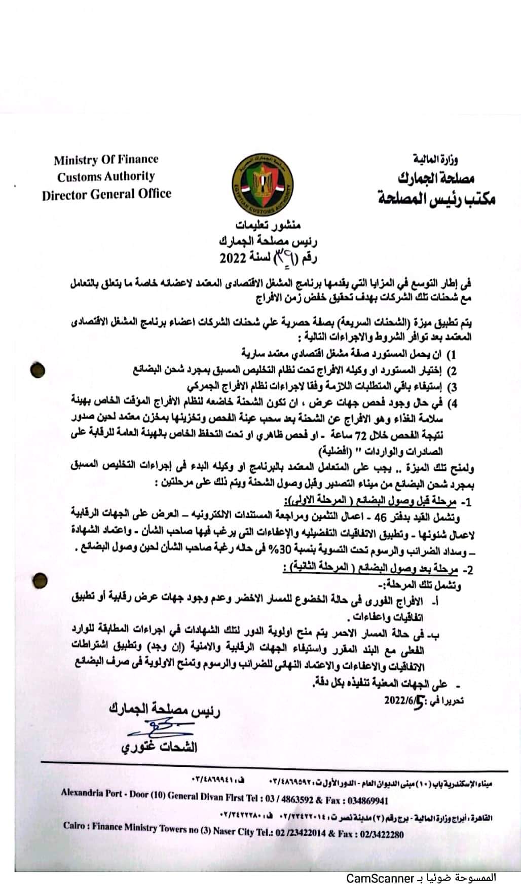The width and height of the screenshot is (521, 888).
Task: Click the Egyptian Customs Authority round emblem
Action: coord(263,184)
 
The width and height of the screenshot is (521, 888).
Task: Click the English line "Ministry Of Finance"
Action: coord(106,159)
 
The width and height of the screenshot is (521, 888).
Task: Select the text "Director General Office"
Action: coord(106,194)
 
